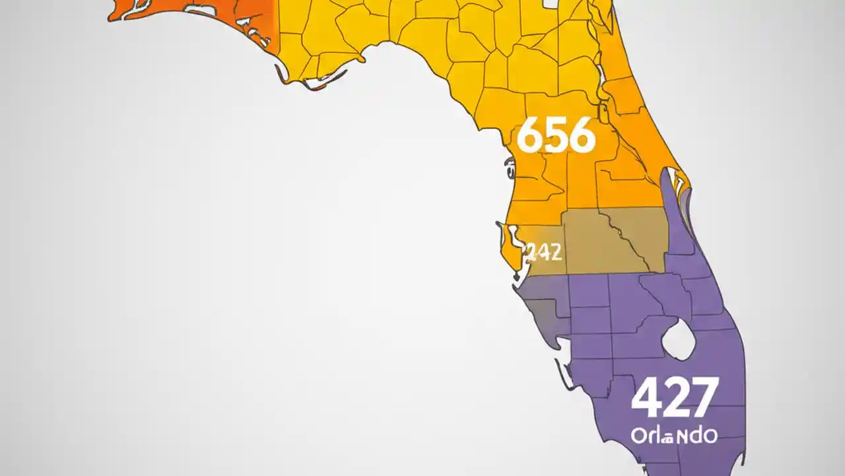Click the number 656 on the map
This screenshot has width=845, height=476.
[556, 136]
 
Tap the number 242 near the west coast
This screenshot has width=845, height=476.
[544, 251]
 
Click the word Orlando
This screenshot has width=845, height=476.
[673, 436]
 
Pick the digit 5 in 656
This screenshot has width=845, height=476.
[556, 137]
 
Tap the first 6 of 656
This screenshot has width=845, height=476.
[529, 136]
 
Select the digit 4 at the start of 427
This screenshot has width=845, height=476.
[645, 398]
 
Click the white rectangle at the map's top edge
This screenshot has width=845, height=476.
[551, 3]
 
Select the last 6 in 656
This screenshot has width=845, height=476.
[582, 137]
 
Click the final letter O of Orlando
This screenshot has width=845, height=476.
[710, 436]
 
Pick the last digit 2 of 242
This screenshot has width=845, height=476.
[555, 252]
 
